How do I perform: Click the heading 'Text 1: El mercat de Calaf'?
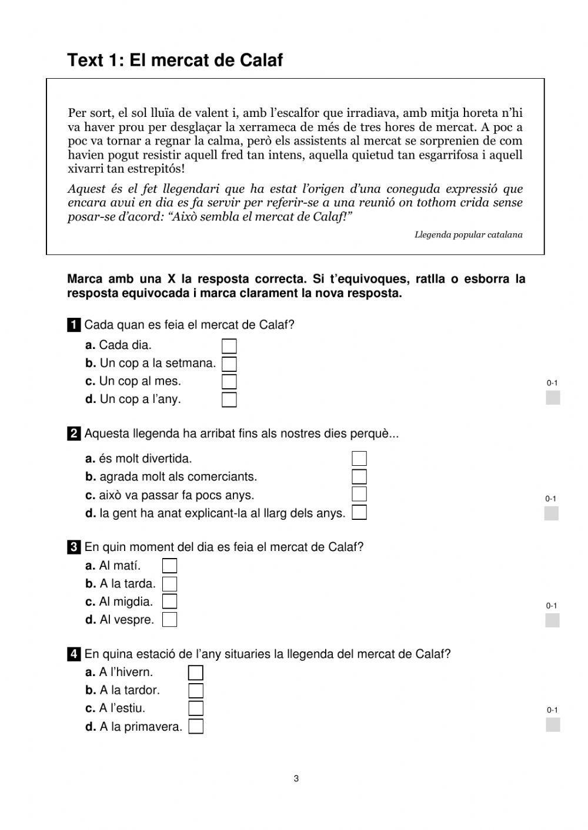175,60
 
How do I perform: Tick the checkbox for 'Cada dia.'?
229,346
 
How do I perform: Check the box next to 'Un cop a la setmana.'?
229,364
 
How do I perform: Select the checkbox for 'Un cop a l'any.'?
229,400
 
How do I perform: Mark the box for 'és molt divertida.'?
359,459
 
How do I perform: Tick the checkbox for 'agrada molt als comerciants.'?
359,476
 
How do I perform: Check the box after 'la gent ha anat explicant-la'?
359,513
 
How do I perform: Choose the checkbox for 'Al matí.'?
169,566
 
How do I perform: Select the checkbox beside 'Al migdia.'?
169,602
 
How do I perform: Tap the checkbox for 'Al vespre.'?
169,620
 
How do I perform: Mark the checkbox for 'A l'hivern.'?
196,673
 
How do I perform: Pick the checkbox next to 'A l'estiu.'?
196,708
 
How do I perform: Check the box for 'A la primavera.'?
196,727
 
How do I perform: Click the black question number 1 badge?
74,325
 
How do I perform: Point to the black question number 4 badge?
74,654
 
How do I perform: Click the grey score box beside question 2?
552,513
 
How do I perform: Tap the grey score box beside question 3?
552,620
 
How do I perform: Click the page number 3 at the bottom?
296,779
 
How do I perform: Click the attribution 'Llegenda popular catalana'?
468,235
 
